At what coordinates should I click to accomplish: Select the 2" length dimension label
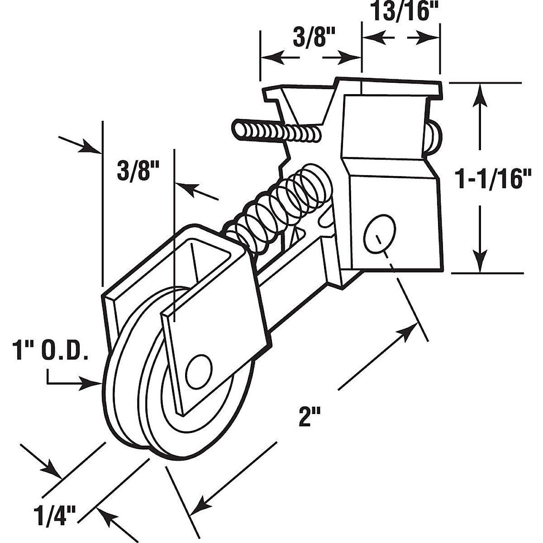click(x=310, y=416)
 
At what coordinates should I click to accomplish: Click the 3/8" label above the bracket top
click(x=310, y=38)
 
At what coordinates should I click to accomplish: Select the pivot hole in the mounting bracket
click(x=380, y=233)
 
